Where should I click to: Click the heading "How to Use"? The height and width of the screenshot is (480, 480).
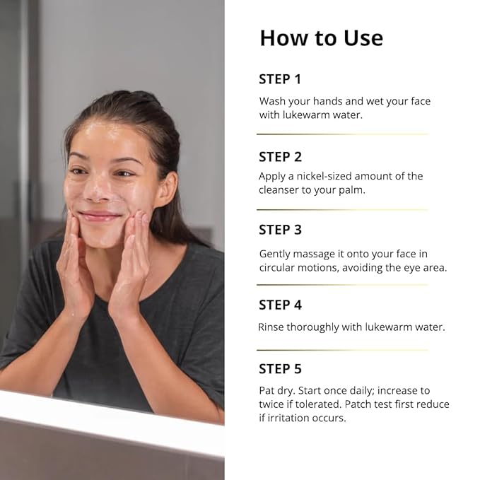tap(321, 37)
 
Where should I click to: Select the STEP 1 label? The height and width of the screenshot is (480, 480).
tap(280, 79)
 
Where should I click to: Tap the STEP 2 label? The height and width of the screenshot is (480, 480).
tap(280, 157)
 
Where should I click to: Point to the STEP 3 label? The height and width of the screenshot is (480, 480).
tap(280, 230)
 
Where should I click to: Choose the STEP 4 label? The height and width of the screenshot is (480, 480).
tap(280, 305)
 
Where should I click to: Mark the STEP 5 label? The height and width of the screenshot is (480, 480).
tap(280, 369)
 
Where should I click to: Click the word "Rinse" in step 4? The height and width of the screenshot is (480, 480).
tap(272, 327)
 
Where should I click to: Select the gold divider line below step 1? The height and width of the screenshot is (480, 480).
tap(342, 134)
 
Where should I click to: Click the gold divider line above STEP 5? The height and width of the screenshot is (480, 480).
tap(342, 350)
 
